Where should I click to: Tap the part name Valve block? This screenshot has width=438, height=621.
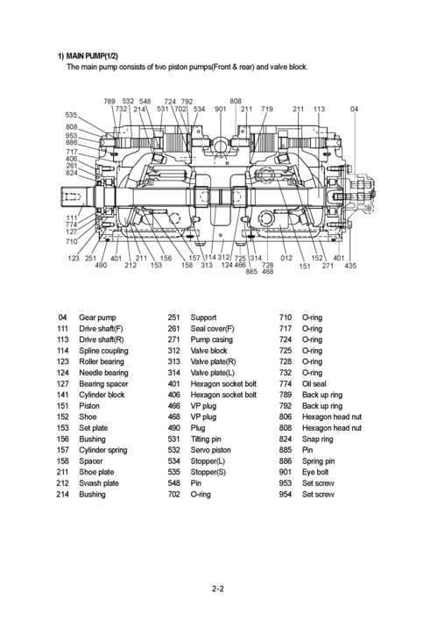(x=208, y=350)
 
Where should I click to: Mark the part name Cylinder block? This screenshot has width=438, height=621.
(x=102, y=395)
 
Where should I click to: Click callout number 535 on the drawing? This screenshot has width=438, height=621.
(x=72, y=115)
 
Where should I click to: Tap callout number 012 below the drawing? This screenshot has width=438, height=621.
(x=286, y=258)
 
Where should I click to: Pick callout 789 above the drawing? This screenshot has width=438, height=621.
(x=109, y=102)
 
